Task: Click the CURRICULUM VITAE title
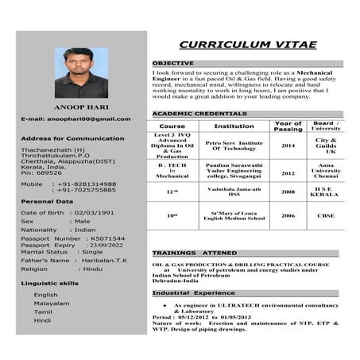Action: point(247,45)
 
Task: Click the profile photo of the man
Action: point(81,73)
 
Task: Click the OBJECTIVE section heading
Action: point(172,63)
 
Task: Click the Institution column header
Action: point(234,126)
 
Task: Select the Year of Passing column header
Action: point(288,126)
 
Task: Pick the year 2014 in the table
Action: point(288,145)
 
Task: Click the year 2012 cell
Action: point(288,172)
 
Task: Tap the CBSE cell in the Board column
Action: point(326,215)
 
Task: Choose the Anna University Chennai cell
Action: point(326,170)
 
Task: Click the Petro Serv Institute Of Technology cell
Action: point(234,145)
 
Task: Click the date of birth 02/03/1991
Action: point(95,213)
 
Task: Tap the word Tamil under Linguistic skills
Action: point(43,312)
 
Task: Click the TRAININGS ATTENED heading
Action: point(194,253)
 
